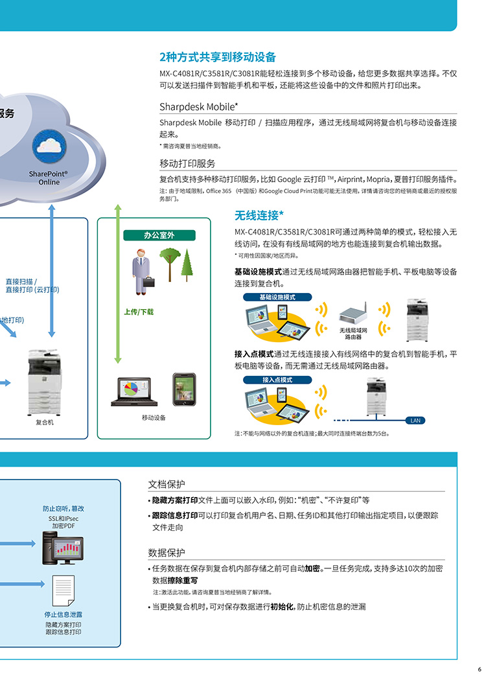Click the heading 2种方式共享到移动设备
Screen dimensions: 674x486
coord(218,57)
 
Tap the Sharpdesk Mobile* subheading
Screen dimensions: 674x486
coord(199,107)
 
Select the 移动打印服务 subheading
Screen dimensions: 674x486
coord(187,163)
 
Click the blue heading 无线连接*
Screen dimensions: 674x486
coord(259,215)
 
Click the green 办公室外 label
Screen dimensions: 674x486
coord(159,235)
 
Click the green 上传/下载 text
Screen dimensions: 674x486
coord(139,312)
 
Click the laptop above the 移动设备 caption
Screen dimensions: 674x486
coord(134,391)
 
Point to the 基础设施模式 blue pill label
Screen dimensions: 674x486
coord(277,297)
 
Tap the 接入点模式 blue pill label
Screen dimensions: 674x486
coord(277,380)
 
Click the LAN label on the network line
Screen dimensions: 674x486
coord(415,421)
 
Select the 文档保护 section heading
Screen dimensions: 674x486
coord(167,484)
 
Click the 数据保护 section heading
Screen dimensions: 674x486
coord(167,553)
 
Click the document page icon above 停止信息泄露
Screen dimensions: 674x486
coord(64,590)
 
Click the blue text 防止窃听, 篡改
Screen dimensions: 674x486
coord(64,509)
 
